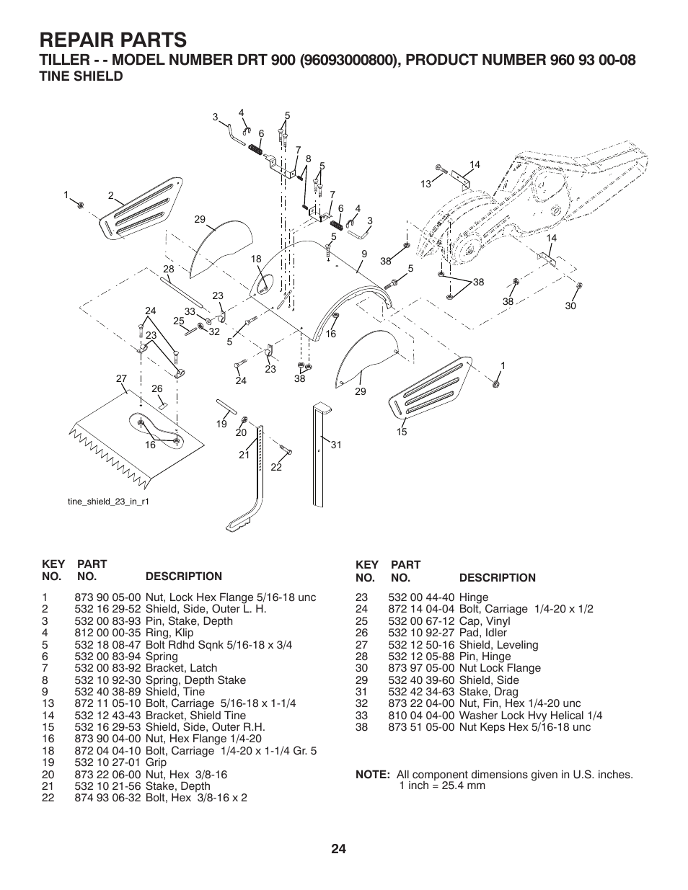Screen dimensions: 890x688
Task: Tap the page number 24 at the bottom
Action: (x=339, y=849)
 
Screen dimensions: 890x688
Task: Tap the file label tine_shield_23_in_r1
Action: (x=108, y=501)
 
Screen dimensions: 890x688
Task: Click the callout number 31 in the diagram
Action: (x=335, y=445)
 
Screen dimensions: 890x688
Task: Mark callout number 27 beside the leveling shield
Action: (x=121, y=378)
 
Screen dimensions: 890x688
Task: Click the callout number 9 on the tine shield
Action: (x=364, y=254)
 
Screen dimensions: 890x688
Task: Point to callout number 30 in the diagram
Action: (x=570, y=306)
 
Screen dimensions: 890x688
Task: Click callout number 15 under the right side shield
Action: (x=402, y=432)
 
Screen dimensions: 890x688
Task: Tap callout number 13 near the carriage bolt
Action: (x=425, y=184)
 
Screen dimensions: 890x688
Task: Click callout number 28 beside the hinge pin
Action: (x=168, y=269)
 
